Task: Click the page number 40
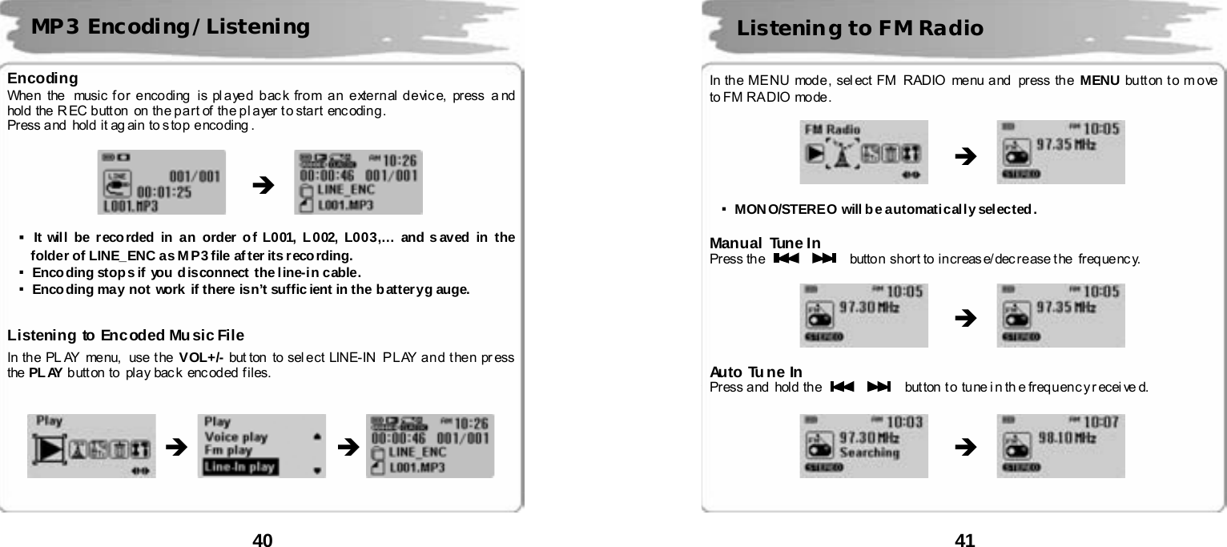coord(263,541)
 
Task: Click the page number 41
coord(965,541)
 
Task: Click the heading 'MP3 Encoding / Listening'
coord(170,28)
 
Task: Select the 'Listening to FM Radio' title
coord(859,30)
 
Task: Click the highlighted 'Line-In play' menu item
coord(240,467)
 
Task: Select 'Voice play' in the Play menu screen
coord(236,437)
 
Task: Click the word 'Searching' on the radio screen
coord(869,452)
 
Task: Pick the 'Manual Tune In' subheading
coord(765,243)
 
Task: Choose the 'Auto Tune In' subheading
coord(756,372)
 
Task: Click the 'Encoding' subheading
coord(42,78)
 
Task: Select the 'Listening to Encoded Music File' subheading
coord(126,335)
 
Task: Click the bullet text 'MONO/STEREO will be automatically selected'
coord(885,211)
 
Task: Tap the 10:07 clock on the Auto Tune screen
coord(1104,420)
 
